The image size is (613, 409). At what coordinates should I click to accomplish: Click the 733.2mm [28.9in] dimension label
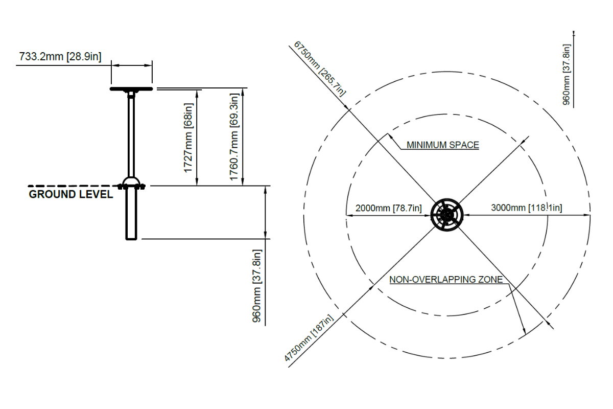[60, 57]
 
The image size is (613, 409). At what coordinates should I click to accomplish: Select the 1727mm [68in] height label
[188, 138]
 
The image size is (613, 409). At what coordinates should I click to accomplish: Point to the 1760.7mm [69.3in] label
[234, 137]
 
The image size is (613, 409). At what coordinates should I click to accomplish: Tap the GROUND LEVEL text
[71, 194]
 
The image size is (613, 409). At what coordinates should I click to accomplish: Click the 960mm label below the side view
[257, 286]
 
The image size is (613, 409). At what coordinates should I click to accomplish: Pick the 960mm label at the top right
[566, 75]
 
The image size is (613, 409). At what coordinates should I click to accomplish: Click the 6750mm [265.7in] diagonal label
[320, 69]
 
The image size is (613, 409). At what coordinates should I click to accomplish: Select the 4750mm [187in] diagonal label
[309, 338]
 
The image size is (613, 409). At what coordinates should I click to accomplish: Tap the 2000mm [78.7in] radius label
[389, 208]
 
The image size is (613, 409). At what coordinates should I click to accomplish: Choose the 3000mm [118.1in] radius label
[527, 208]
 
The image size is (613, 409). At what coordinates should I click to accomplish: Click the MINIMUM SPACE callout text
[443, 145]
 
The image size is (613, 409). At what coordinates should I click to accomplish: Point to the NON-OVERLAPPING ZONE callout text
[446, 280]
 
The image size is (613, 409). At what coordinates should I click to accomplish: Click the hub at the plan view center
[446, 215]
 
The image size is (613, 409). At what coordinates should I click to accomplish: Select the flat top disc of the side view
[131, 89]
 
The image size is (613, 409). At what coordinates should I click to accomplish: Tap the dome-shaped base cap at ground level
[131, 181]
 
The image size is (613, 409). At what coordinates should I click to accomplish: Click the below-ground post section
[131, 214]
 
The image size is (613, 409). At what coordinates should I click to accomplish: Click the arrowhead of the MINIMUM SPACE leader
[390, 137]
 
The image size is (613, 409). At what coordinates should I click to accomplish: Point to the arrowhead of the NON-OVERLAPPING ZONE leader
[524, 331]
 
